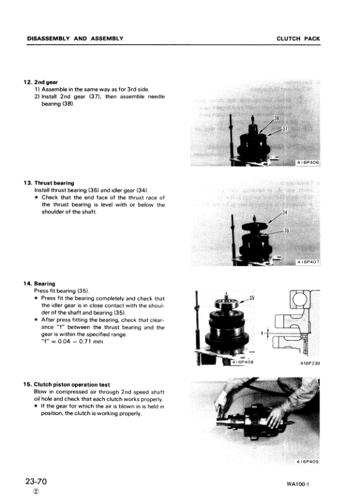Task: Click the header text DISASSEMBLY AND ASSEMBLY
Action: pos(75,39)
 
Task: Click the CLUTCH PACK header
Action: pos(298,39)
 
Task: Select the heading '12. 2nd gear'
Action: pos(37,82)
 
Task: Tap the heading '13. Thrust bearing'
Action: pos(48,183)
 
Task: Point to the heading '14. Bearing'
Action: pos(39,283)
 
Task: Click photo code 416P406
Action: pos(308,163)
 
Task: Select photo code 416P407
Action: pos(308,262)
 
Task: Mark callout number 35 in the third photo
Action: pos(252,298)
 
